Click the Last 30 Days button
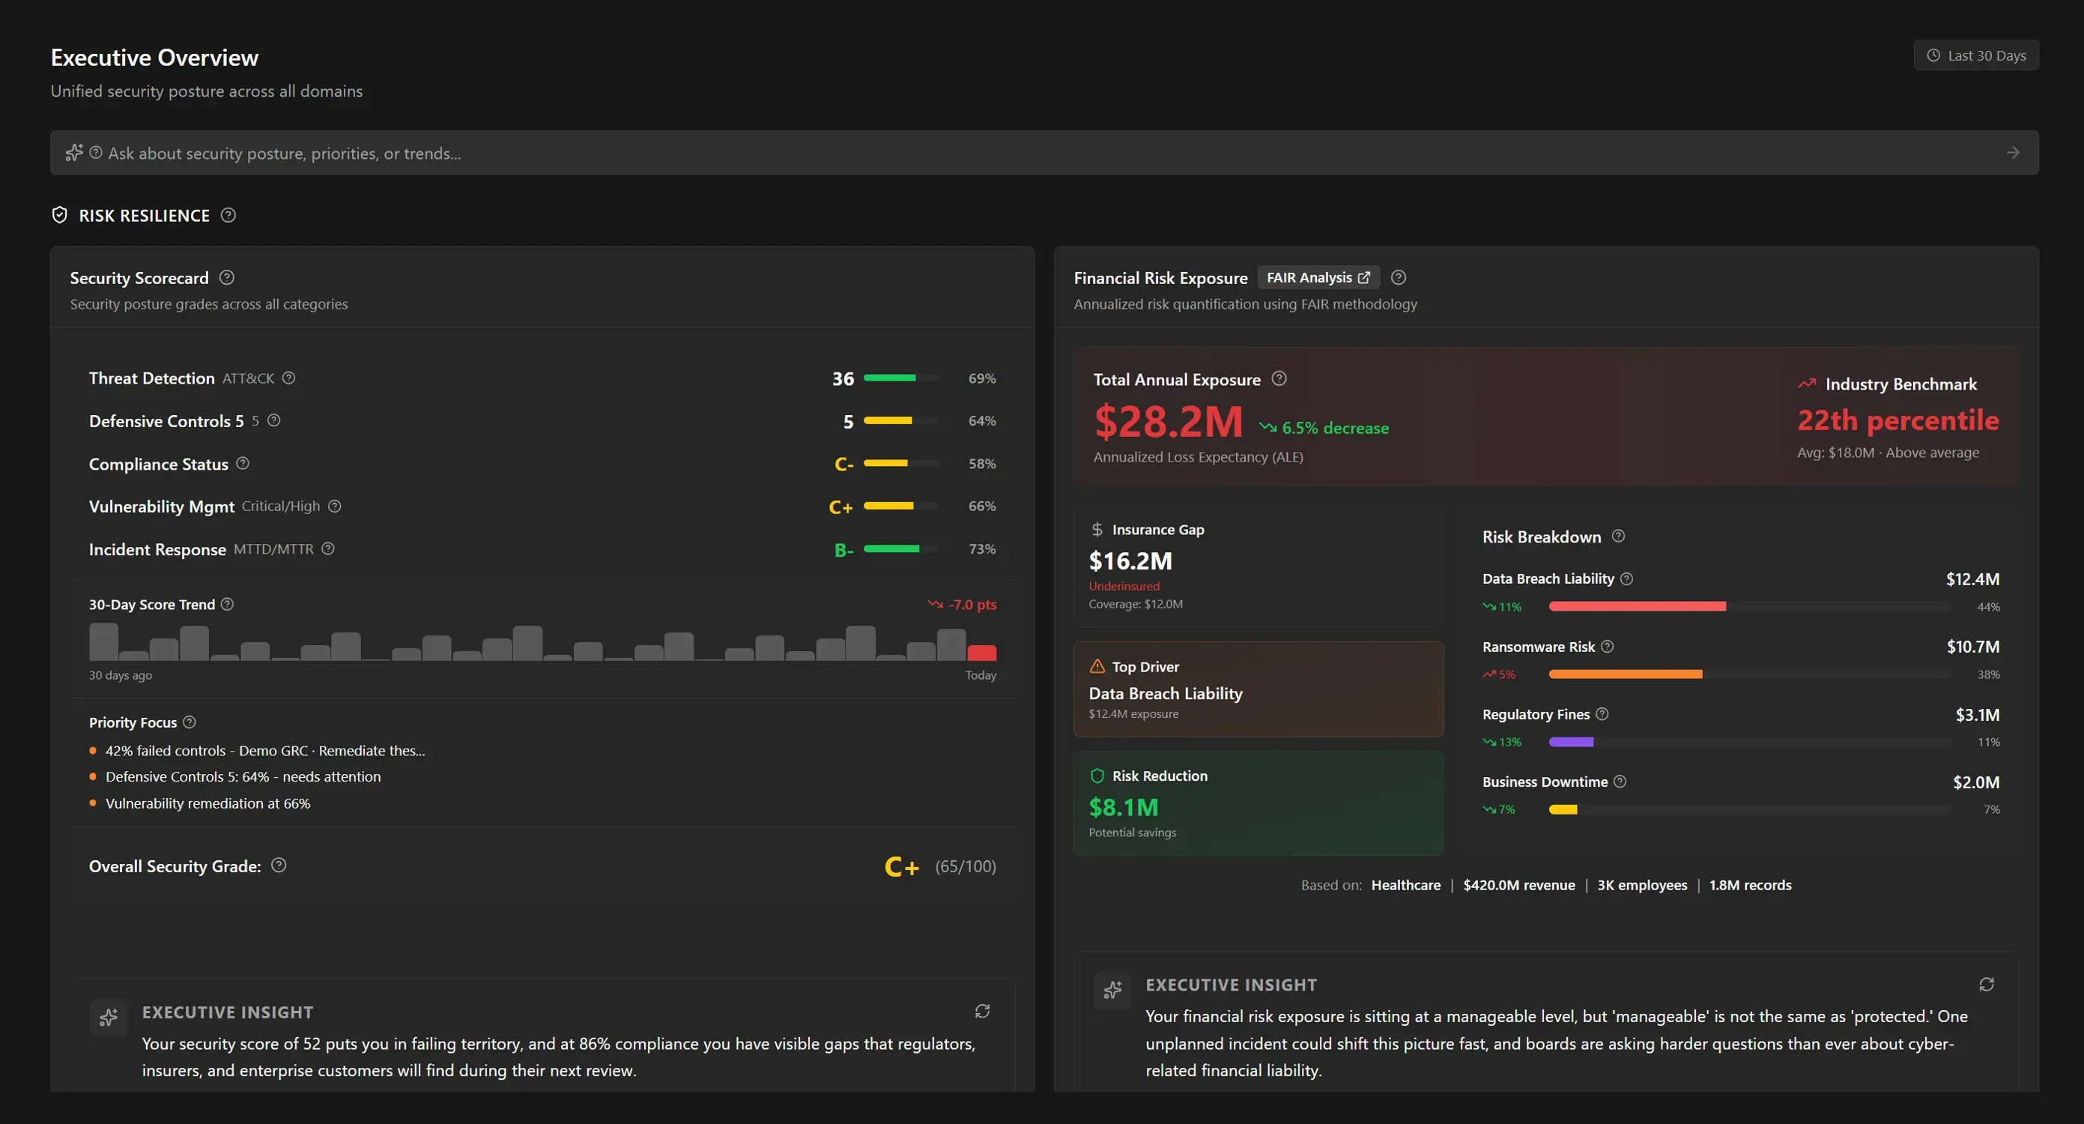1975,55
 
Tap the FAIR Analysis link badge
1318,277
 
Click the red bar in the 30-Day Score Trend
981,652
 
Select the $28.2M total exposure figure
1168,421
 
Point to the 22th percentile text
1898,420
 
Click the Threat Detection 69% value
982,378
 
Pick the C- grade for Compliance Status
843,464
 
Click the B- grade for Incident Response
843,549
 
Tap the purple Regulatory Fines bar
1571,742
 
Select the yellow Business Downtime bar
1563,809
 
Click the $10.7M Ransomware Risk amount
1973,647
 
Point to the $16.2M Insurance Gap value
1130,561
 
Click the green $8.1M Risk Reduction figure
1124,807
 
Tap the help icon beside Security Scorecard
227,277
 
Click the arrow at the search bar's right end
2014,153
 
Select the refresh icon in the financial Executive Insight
1986,984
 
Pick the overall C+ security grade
902,867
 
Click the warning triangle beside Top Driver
1097,666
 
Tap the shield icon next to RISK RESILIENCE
59,214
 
